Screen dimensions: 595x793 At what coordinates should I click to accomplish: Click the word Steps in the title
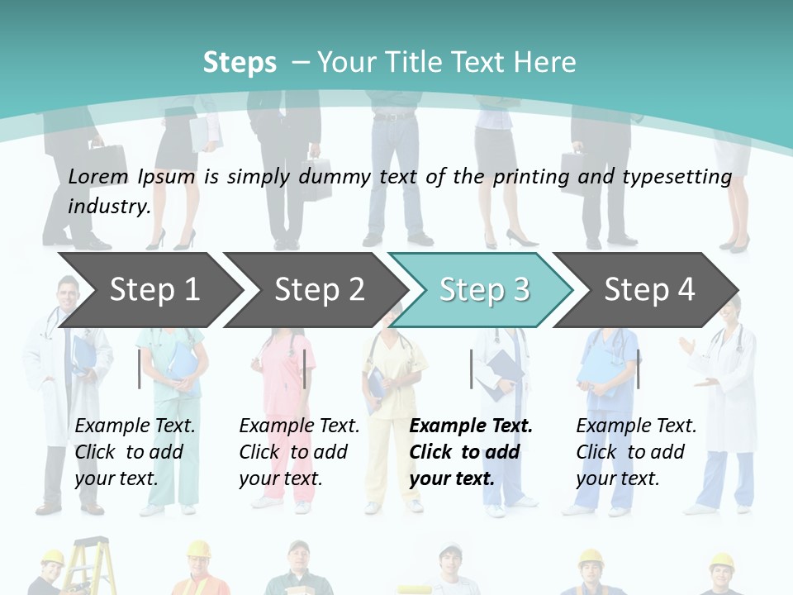click(x=240, y=62)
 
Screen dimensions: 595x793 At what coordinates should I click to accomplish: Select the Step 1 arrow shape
click(x=149, y=290)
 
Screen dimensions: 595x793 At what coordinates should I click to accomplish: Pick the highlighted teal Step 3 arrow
click(x=483, y=290)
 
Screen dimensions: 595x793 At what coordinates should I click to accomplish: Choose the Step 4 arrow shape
click(x=648, y=290)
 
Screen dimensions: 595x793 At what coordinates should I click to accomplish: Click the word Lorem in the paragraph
click(x=98, y=176)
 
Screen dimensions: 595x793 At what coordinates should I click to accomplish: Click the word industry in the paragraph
click(x=108, y=207)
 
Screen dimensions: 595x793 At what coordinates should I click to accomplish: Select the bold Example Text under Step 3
click(x=471, y=426)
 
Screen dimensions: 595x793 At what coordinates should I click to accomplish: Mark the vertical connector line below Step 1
click(x=140, y=369)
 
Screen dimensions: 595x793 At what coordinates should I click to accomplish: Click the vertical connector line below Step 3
click(x=471, y=369)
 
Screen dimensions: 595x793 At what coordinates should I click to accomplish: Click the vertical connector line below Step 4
click(x=638, y=369)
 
